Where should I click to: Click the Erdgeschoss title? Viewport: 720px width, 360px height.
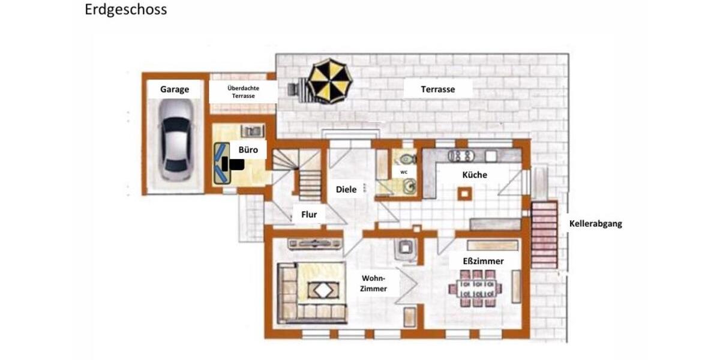click(126, 10)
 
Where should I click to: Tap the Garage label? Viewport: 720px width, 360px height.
click(175, 89)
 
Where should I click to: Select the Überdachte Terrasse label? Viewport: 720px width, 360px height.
click(244, 92)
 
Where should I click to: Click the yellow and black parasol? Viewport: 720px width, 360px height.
click(328, 80)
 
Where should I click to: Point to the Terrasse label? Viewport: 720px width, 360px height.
click(437, 89)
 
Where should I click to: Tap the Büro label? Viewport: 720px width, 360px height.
click(248, 149)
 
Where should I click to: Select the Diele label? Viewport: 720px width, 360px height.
click(346, 190)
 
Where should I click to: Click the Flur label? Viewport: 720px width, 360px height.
click(309, 214)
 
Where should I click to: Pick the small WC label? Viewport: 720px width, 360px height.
click(404, 172)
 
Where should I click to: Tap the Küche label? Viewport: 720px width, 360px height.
click(474, 175)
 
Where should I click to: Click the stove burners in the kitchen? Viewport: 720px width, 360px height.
click(461, 155)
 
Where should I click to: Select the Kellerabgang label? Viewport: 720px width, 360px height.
click(595, 224)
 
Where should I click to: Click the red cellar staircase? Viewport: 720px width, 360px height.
click(544, 234)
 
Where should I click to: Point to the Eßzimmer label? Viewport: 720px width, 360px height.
click(482, 261)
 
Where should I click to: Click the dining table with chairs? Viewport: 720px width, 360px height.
click(475, 287)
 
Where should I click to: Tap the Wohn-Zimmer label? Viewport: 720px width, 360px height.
click(373, 283)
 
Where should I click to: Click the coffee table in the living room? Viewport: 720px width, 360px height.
click(323, 291)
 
